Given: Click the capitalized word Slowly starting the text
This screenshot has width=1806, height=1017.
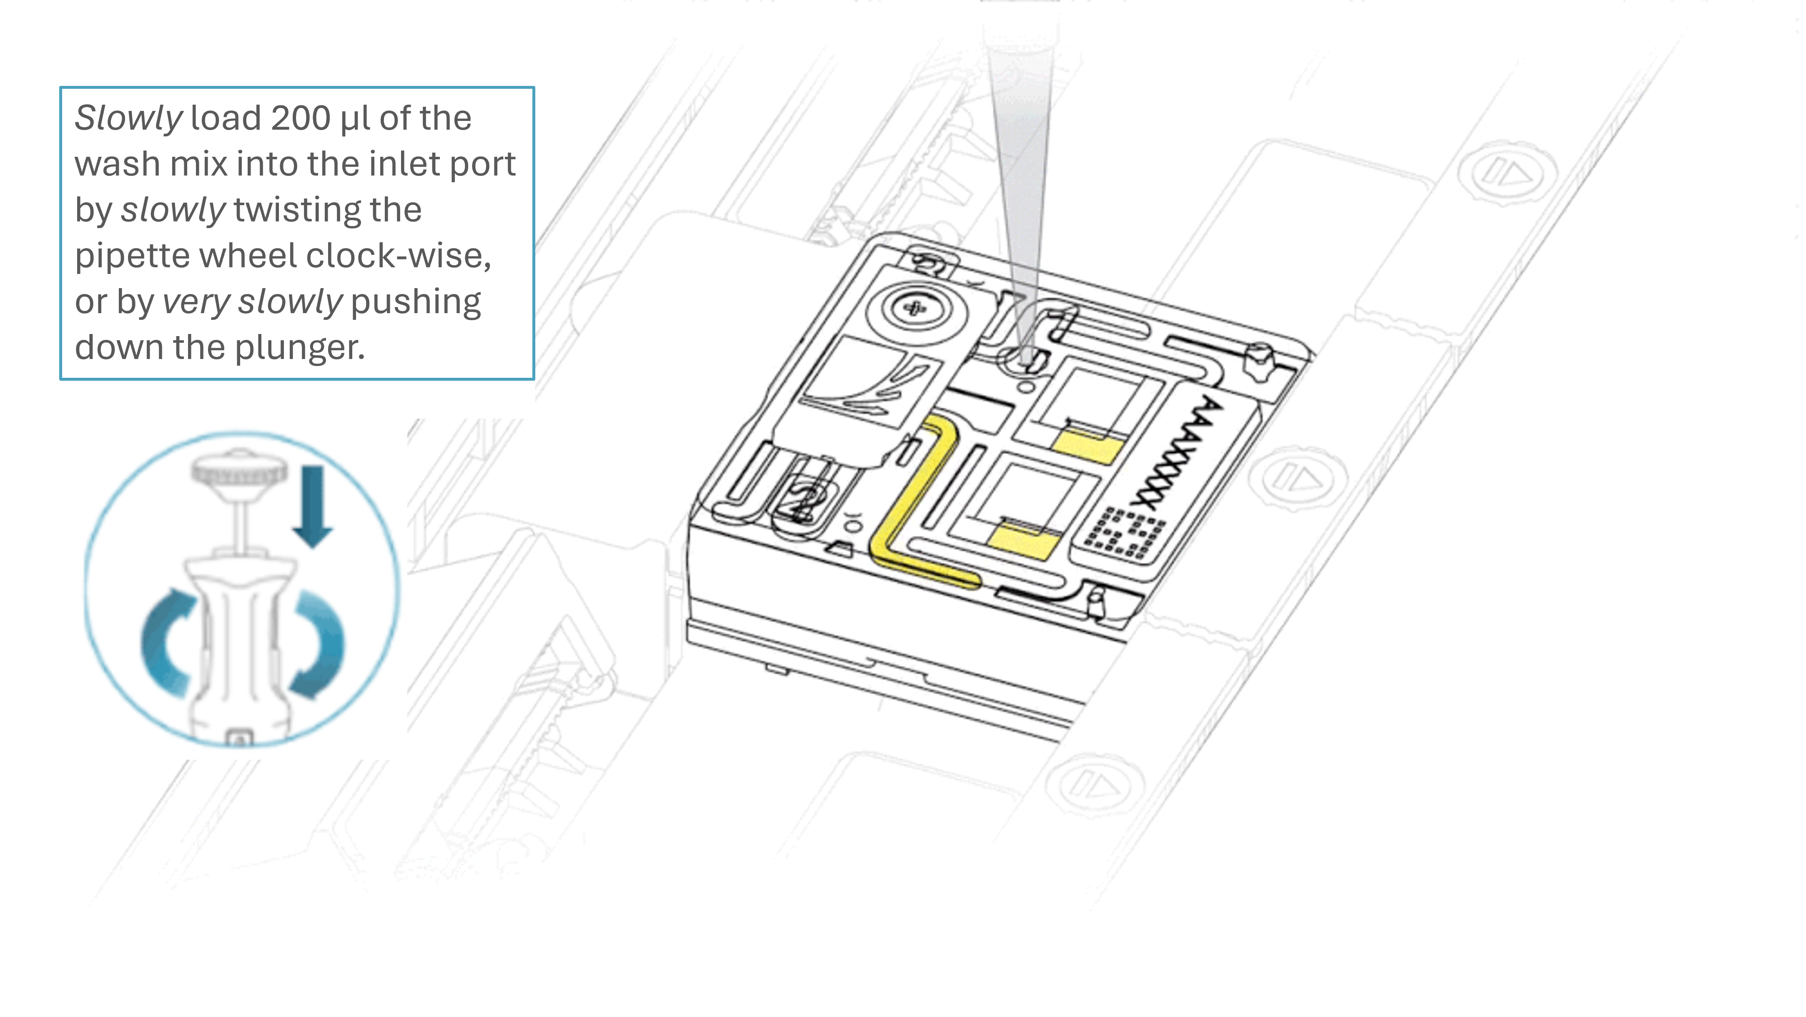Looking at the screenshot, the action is [x=129, y=118].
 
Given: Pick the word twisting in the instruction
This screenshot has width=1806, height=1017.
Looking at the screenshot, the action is [x=327, y=211].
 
